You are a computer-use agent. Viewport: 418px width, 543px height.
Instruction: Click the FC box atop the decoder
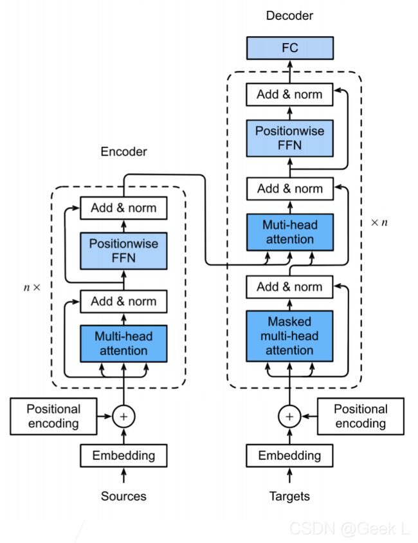pyautogui.click(x=290, y=48)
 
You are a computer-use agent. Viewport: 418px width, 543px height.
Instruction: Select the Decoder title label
pyautogui.click(x=289, y=15)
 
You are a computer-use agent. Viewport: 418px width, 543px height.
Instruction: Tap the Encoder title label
pyautogui.click(x=123, y=152)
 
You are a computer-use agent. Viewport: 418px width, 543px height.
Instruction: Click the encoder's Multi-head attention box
pyautogui.click(x=123, y=344)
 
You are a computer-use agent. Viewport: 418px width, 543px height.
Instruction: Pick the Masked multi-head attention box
pyautogui.click(x=289, y=336)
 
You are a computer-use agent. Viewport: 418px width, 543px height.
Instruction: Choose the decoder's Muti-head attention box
pyautogui.click(x=290, y=232)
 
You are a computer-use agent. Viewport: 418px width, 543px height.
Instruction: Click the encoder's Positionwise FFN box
pyautogui.click(x=123, y=251)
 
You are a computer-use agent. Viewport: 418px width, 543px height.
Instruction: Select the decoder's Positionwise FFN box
pyautogui.click(x=290, y=138)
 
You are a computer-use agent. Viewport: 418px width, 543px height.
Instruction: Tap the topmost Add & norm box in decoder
pyautogui.click(x=289, y=94)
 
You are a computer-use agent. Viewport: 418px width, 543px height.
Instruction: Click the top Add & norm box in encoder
pyautogui.click(x=123, y=208)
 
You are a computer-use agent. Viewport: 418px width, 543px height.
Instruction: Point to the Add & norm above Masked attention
pyautogui.click(x=289, y=287)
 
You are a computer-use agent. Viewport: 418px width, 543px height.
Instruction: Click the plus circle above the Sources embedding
pyautogui.click(x=123, y=416)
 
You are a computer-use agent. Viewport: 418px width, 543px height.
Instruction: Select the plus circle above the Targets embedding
pyautogui.click(x=289, y=416)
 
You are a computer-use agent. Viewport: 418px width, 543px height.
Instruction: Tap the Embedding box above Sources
pyautogui.click(x=123, y=456)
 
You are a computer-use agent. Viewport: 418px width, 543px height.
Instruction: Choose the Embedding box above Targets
pyautogui.click(x=289, y=456)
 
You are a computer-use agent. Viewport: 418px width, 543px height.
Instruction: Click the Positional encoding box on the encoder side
pyautogui.click(x=53, y=416)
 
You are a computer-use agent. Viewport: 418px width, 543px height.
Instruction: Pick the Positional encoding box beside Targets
pyautogui.click(x=361, y=416)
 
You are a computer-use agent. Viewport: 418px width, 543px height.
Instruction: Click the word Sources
pyautogui.click(x=123, y=496)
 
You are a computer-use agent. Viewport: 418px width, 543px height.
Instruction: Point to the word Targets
pyautogui.click(x=289, y=496)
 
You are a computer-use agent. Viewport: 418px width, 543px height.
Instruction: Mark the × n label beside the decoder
pyautogui.click(x=379, y=223)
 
